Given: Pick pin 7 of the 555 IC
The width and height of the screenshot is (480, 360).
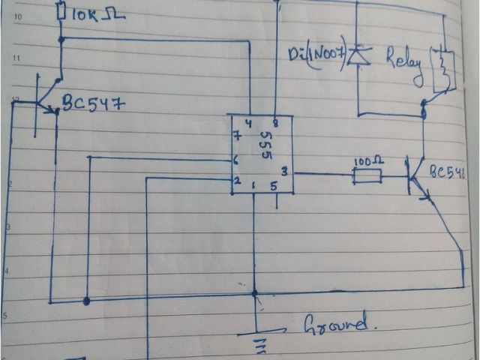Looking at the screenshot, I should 237,136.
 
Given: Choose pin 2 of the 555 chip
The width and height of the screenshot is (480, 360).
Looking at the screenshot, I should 236,181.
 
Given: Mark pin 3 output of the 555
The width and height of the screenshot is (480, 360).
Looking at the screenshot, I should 283,172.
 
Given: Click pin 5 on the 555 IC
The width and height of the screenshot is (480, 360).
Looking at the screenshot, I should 274,187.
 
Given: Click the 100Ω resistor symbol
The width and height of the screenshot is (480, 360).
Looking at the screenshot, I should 367,176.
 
